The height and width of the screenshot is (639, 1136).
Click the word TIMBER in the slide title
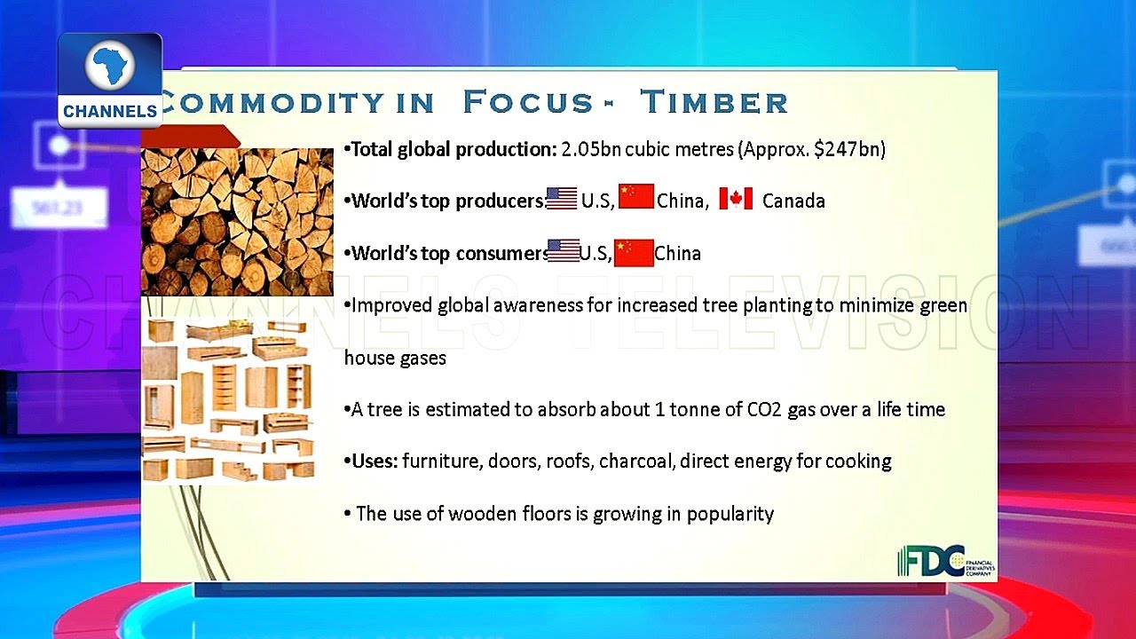click(714, 101)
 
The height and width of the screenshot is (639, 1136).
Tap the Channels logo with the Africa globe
click(110, 80)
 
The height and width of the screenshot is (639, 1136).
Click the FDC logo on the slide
click(946, 561)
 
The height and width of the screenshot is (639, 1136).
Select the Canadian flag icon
click(736, 198)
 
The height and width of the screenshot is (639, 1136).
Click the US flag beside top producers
click(562, 198)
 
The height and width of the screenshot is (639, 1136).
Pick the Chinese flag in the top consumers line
click(634, 253)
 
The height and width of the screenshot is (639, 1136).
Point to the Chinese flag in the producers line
click(636, 196)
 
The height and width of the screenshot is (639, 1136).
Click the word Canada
click(793, 201)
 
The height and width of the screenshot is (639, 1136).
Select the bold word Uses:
click(375, 461)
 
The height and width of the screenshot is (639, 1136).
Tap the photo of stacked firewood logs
click(237, 222)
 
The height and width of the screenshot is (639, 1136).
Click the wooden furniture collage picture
click(228, 400)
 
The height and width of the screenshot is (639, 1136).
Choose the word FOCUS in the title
click(528, 101)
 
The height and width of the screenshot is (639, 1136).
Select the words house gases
click(395, 358)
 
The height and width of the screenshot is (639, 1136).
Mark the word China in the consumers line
click(677, 253)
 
